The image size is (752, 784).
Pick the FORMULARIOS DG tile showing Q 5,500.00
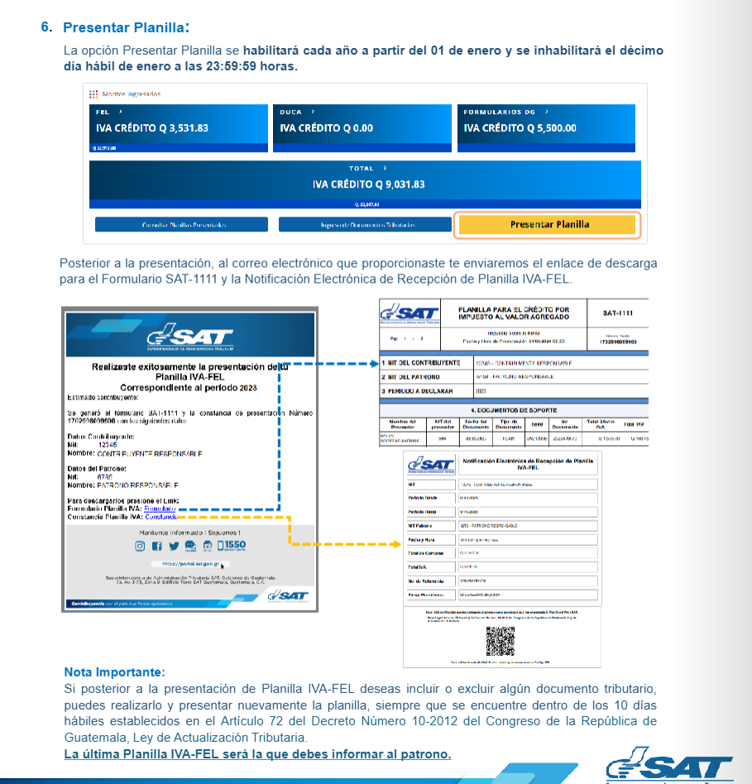pyautogui.click(x=545, y=128)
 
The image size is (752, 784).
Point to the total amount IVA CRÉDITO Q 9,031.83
pyautogui.click(x=368, y=184)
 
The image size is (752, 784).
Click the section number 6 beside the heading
pyautogui.click(x=46, y=27)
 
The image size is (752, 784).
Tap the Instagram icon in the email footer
pyautogui.click(x=141, y=546)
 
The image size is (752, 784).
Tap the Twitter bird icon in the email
pyautogui.click(x=174, y=546)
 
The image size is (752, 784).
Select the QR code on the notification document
pyautogui.click(x=500, y=641)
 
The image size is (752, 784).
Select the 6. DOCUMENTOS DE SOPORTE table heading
pyautogui.click(x=513, y=409)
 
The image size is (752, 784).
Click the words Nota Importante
pyautogui.click(x=114, y=672)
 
